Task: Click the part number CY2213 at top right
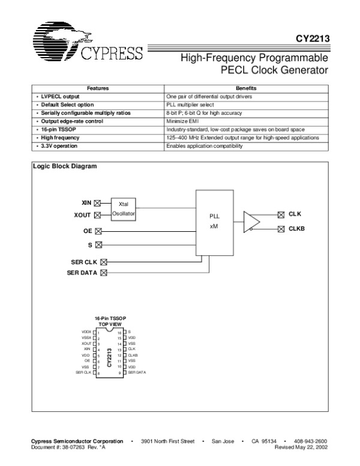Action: (x=312, y=41)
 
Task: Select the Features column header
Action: (x=98, y=88)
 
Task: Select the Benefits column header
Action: (x=246, y=88)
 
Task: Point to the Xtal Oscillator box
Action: (x=124, y=208)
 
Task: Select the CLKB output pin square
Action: (x=281, y=229)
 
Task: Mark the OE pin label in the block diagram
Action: (x=87, y=230)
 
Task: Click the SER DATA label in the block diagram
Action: (x=82, y=273)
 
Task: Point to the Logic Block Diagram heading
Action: (x=64, y=166)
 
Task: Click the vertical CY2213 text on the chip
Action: (x=109, y=357)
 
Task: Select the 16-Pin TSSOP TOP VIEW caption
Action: (x=110, y=320)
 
